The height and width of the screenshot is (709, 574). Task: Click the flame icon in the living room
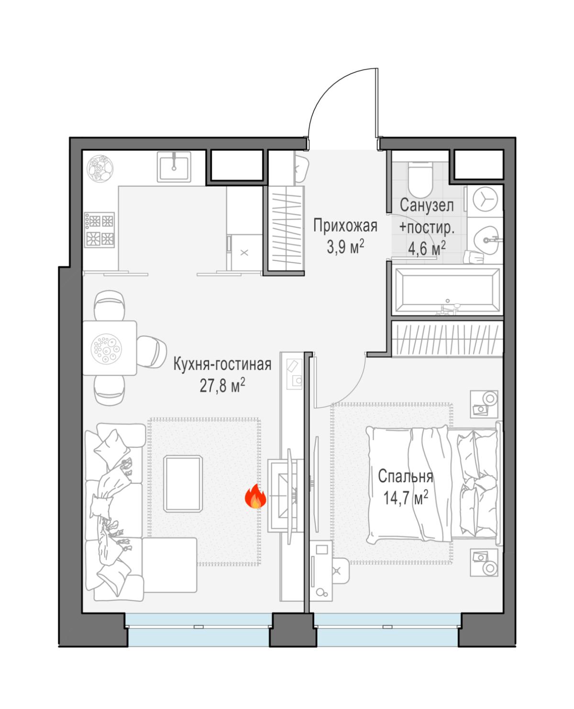click(255, 495)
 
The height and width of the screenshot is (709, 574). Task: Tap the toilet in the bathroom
click(420, 179)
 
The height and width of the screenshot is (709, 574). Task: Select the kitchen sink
click(174, 167)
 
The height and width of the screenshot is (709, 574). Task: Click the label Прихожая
click(345, 226)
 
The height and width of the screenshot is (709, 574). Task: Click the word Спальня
click(406, 476)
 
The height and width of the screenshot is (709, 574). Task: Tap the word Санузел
click(427, 205)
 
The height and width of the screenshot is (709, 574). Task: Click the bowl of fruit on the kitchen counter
click(100, 169)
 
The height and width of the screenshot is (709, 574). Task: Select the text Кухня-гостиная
click(222, 364)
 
